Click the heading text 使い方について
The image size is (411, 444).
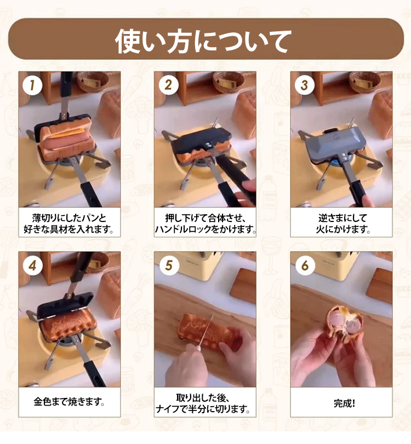point(203,41)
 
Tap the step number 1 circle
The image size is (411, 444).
point(32,85)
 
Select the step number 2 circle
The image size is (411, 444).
point(168,85)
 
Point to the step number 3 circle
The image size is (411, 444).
point(304,85)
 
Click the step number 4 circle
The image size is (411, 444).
point(32,266)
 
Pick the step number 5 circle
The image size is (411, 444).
point(169,266)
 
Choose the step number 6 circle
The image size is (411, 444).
point(305,266)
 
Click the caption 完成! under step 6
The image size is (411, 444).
point(344,403)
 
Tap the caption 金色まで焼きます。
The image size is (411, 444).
point(70,402)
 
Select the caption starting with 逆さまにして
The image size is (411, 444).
point(343,224)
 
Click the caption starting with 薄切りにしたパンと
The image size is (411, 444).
point(69,224)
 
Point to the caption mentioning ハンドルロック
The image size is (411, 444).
point(205,224)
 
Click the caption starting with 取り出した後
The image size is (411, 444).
point(203,403)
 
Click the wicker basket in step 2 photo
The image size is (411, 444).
point(229,82)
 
